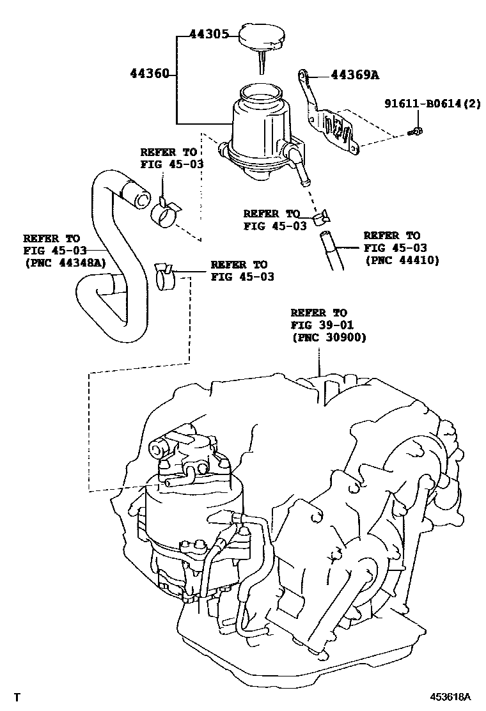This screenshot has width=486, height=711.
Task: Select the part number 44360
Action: tap(150, 74)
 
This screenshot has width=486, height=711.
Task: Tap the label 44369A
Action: tap(356, 75)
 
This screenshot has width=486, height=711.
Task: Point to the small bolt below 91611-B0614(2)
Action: tap(416, 132)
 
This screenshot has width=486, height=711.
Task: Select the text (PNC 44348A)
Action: tap(65, 262)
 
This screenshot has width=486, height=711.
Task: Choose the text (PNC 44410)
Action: tap(402, 260)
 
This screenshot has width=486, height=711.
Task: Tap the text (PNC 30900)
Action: tap(329, 338)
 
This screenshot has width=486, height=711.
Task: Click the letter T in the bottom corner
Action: tap(17, 696)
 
